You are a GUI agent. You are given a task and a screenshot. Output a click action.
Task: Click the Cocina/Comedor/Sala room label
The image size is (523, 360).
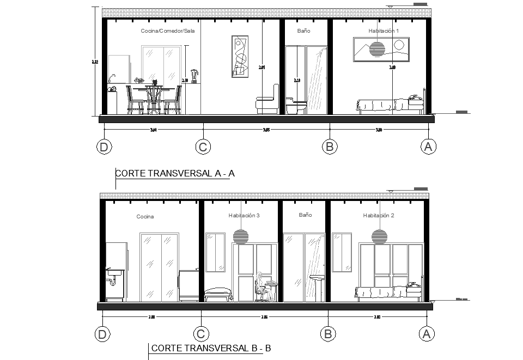pyautogui.click(x=168, y=31)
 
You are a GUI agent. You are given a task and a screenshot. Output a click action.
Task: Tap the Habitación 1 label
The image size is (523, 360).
pyautogui.click(x=384, y=31)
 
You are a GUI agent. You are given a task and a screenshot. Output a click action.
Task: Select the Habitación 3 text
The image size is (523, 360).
pyautogui.click(x=244, y=216)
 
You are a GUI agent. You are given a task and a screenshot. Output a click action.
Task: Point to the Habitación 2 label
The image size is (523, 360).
pyautogui.click(x=379, y=216)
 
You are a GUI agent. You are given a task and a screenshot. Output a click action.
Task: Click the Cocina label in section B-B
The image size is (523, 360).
pyautogui.click(x=145, y=216)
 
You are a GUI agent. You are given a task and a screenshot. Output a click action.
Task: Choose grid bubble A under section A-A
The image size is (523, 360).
pyautogui.click(x=428, y=146)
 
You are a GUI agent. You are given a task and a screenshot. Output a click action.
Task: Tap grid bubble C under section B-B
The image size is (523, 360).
pyautogui.click(x=202, y=334)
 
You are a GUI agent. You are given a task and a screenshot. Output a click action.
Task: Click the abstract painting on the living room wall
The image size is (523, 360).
pyautogui.click(x=239, y=56)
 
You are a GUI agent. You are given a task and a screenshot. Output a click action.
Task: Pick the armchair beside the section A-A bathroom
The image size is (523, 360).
pyautogui.click(x=267, y=102)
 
